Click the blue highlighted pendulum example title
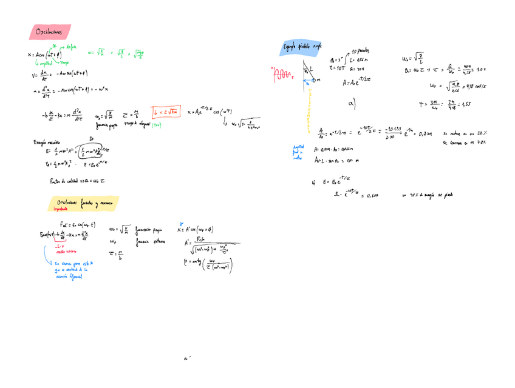coord(302,47)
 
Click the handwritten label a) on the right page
coord(352,104)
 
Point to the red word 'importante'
coord(63,209)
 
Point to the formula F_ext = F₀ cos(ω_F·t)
coord(73,224)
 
